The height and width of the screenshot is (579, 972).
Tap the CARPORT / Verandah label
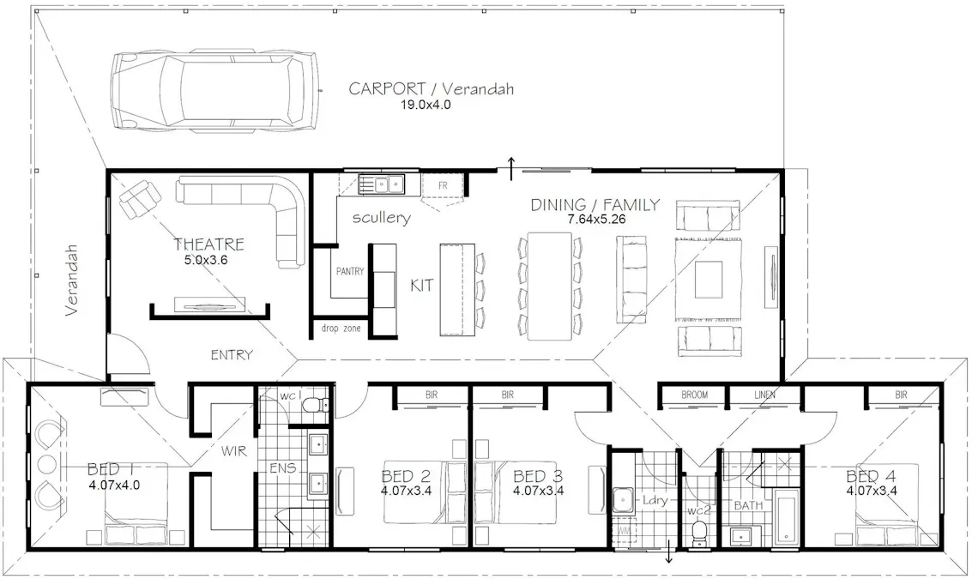431,89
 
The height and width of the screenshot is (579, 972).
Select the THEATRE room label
208,244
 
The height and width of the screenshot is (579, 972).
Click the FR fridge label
443,185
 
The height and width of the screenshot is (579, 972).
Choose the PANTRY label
350,271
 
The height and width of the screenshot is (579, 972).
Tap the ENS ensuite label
283,469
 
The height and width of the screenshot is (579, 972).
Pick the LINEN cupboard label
764,395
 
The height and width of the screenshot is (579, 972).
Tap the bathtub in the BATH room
787,517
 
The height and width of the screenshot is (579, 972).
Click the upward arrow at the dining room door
512,169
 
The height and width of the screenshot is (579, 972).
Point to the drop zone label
341,329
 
